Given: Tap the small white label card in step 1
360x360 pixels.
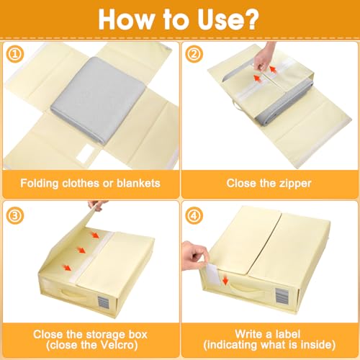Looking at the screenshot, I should (x=85, y=153).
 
